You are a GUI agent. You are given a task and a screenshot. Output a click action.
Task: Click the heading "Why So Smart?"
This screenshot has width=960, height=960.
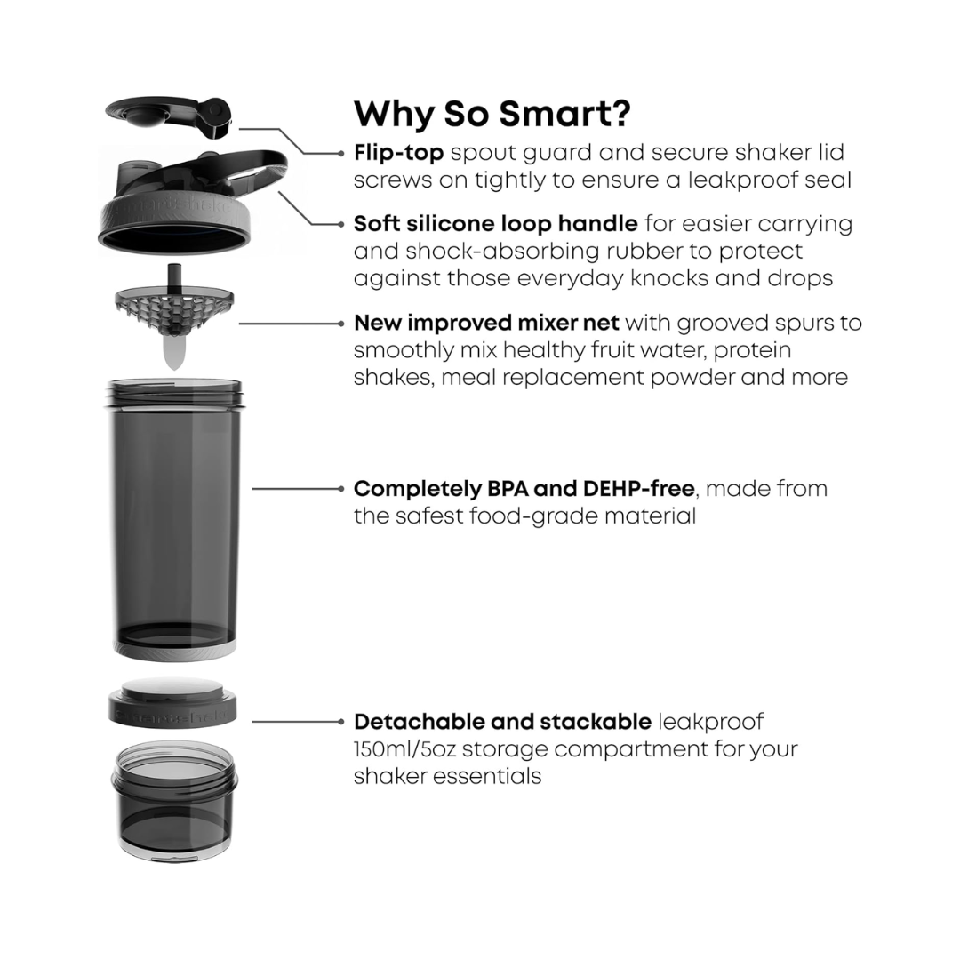(x=492, y=114)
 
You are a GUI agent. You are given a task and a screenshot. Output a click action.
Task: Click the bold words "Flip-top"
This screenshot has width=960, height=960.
(x=398, y=153)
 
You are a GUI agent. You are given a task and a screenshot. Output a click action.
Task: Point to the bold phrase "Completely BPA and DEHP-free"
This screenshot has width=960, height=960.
(x=525, y=488)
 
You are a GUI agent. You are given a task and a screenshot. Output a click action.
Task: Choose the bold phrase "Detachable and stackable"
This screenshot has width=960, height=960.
(x=502, y=722)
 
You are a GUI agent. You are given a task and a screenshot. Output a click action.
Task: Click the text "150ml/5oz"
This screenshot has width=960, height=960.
(x=404, y=748)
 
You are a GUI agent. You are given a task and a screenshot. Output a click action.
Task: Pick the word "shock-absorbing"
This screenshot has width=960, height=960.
(x=462, y=251)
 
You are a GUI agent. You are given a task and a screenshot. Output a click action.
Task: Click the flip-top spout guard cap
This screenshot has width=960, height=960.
(x=169, y=116)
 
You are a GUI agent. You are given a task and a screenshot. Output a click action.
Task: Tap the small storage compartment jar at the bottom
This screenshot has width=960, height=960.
(x=174, y=800)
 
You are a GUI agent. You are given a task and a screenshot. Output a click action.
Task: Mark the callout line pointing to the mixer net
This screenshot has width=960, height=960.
(x=289, y=324)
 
